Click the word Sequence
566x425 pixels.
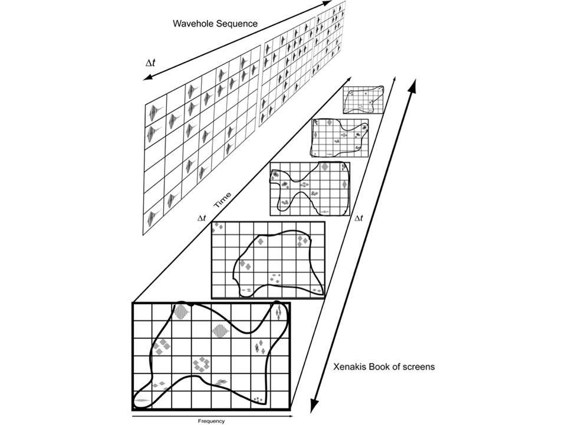[237, 24]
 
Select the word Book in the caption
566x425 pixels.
[379, 367]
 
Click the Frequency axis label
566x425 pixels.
[211, 421]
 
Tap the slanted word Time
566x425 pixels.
[222, 200]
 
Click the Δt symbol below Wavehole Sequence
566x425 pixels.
[150, 63]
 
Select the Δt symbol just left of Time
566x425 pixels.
[202, 218]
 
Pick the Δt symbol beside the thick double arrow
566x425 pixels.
[358, 218]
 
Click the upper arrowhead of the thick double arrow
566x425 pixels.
[413, 86]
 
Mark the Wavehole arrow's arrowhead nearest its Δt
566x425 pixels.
[147, 78]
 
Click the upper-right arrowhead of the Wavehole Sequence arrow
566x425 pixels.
[327, 4]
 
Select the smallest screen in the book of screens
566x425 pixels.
[363, 100]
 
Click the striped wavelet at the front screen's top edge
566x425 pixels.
[182, 312]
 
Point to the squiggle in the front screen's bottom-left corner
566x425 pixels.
[142, 400]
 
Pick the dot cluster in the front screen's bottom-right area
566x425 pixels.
[258, 399]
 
